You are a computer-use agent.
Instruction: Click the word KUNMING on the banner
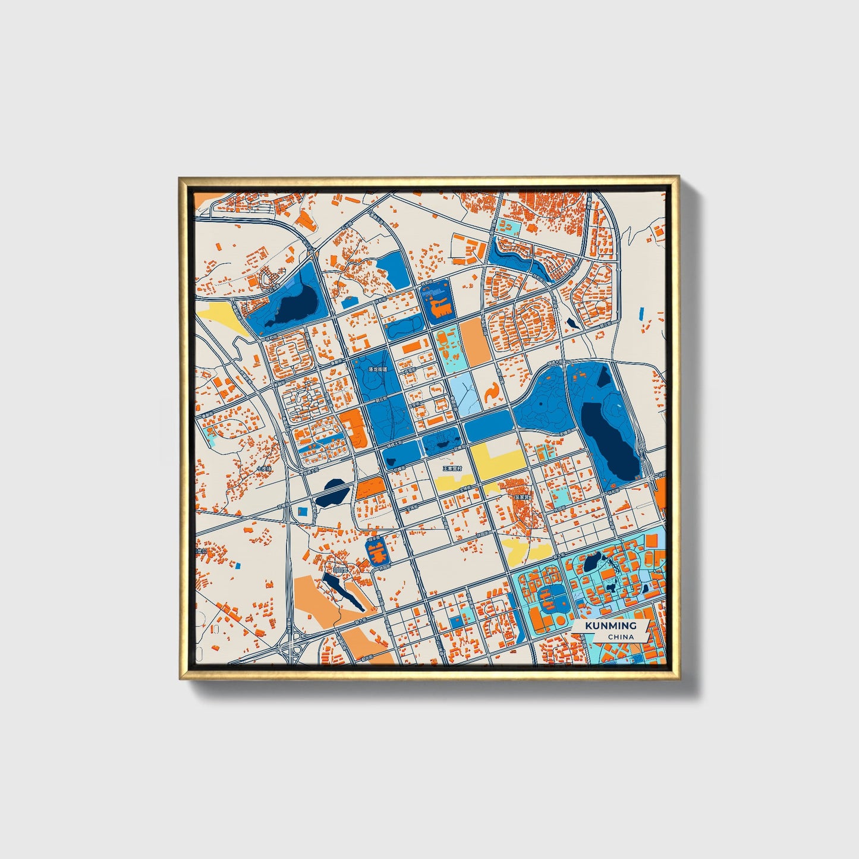[610, 626]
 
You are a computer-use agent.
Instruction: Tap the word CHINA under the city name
[621, 637]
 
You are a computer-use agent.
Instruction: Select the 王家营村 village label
[452, 468]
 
